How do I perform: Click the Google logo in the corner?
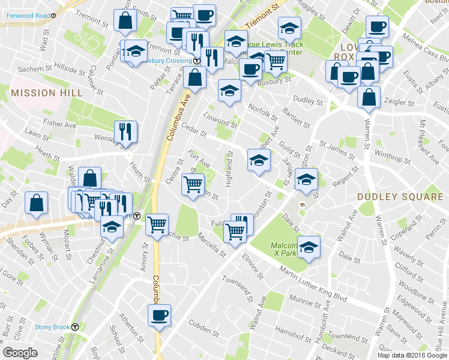click(x=20, y=353)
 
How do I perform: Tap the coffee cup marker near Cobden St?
click(x=160, y=316)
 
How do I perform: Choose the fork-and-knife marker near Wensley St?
click(x=126, y=132)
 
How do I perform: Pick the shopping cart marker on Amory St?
click(x=157, y=226)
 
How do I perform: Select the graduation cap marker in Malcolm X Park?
click(x=309, y=247)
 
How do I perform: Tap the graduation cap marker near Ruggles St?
click(x=289, y=28)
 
